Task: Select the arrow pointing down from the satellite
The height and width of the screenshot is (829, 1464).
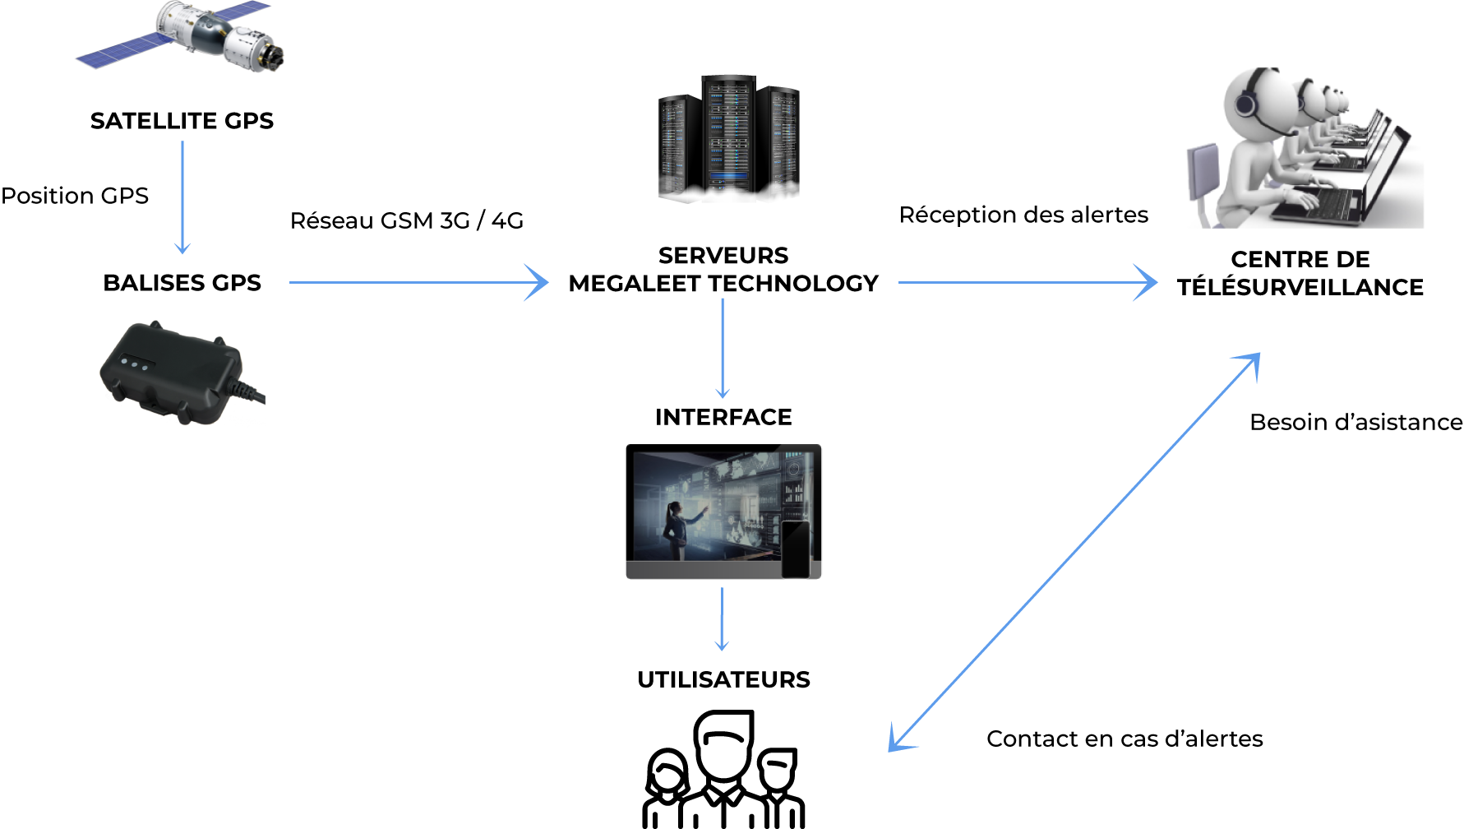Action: tap(182, 197)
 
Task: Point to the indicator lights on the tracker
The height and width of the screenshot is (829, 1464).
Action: tap(134, 363)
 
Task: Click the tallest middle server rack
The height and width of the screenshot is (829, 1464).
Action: tap(728, 132)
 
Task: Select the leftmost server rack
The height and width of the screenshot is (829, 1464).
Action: tap(677, 144)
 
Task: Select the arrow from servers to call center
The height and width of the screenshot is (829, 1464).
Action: tap(1028, 282)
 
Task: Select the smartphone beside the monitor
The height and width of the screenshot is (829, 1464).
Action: tap(795, 549)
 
